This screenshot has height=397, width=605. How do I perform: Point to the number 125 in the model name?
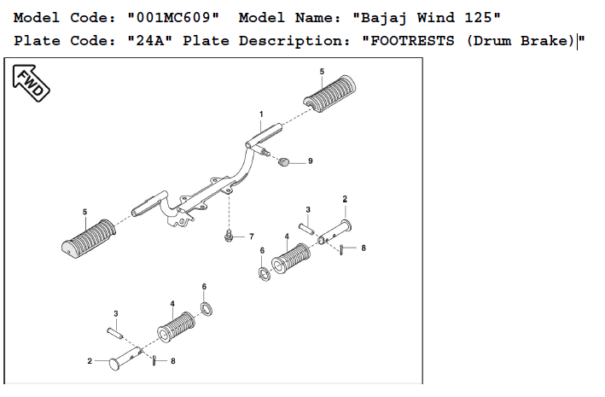(x=480, y=18)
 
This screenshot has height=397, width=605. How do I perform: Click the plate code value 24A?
(x=151, y=41)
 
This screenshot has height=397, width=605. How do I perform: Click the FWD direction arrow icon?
(x=31, y=82)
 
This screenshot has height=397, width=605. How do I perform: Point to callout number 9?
(x=310, y=161)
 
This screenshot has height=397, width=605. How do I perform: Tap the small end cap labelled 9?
(x=286, y=161)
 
